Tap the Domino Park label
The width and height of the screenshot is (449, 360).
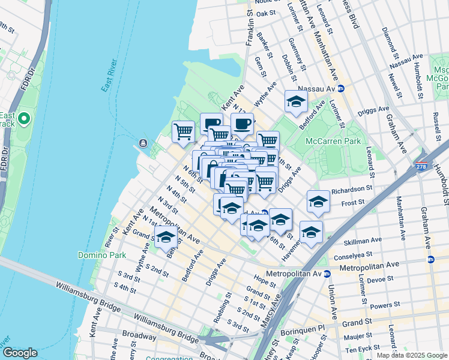click(101, 255)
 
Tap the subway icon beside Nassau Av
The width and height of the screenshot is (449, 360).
click(340, 88)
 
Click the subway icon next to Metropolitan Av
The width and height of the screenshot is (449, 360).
click(327, 274)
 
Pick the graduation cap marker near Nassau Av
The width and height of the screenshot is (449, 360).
click(296, 102)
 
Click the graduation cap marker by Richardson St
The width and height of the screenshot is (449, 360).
click(318, 202)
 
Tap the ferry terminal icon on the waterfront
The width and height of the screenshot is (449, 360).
click(143, 143)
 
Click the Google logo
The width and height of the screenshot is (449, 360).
click(20, 353)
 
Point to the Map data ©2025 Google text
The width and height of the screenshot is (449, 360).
click(412, 355)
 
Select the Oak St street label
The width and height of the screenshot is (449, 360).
click(265, 13)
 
